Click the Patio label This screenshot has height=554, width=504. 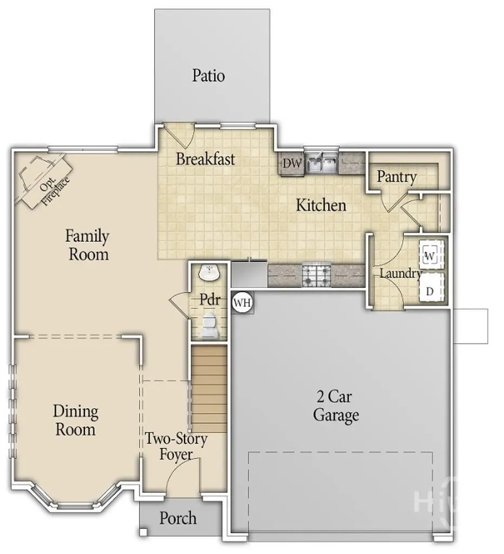tap(208, 75)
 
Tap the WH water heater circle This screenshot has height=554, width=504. tap(243, 302)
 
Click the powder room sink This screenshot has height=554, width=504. tap(209, 273)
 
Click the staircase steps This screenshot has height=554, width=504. tap(209, 387)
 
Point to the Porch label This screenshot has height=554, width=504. tap(178, 518)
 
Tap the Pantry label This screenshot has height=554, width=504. tap(397, 176)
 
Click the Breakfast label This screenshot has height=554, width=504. tap(206, 159)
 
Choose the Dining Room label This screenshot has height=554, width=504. tap(75, 420)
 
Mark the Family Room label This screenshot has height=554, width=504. tap(87, 245)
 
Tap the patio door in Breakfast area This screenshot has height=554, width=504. tap(180, 135)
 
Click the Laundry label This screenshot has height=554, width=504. tap(400, 273)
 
